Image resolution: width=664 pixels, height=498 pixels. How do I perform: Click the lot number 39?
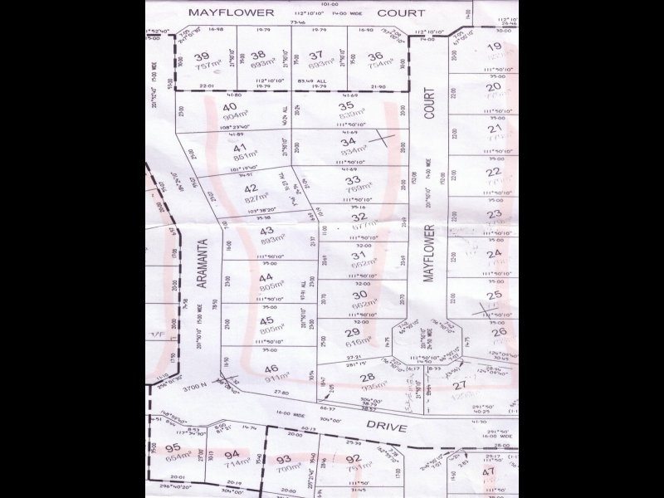[x=201, y=56]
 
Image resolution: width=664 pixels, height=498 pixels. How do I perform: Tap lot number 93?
[x=285, y=459]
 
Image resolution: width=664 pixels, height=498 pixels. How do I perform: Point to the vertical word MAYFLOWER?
[x=429, y=254]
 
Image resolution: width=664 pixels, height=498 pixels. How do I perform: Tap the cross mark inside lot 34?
[x=382, y=139]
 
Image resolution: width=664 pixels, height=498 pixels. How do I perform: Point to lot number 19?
[x=495, y=47]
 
